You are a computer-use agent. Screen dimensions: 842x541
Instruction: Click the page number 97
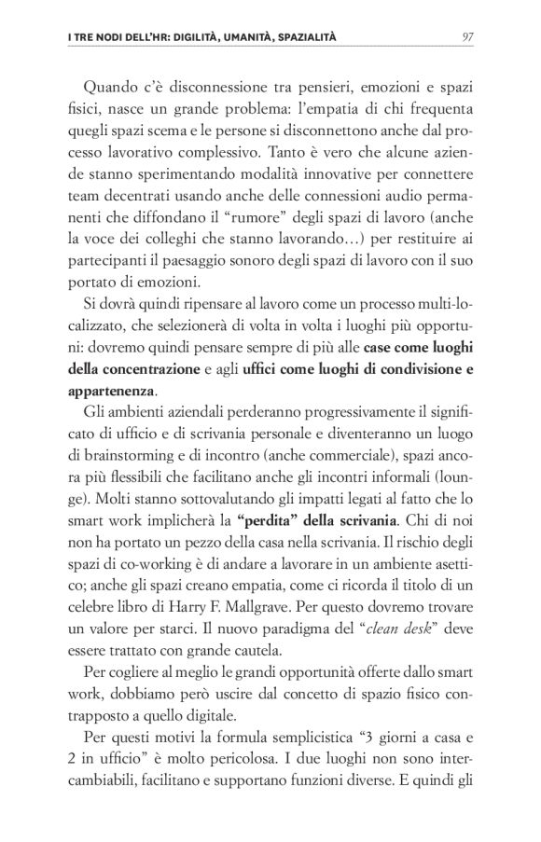469,37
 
